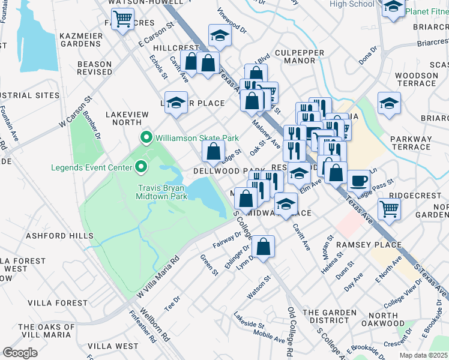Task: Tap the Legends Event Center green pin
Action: (141, 167)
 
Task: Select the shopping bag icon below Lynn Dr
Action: (263, 245)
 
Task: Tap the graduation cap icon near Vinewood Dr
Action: (220, 35)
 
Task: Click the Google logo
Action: (20, 352)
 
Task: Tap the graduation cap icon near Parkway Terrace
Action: (389, 103)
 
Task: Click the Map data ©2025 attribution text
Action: (423, 355)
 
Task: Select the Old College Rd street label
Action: (290, 331)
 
